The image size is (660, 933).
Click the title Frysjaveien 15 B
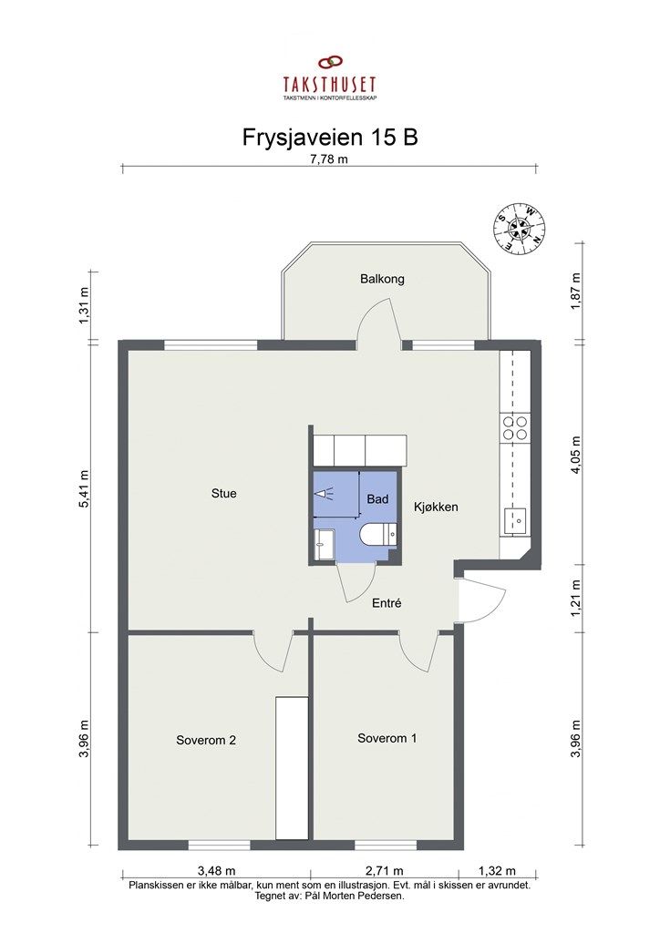pyautogui.click(x=330, y=138)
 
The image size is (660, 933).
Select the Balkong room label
pyautogui.click(x=382, y=279)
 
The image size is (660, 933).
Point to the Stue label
pyautogui.click(x=223, y=493)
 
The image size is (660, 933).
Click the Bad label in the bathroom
pyautogui.click(x=377, y=499)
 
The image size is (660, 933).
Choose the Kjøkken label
pyautogui.click(x=437, y=507)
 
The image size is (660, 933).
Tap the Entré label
pyautogui.click(x=387, y=603)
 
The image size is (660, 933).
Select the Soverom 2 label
pyautogui.click(x=206, y=740)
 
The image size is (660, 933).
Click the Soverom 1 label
pyautogui.click(x=387, y=738)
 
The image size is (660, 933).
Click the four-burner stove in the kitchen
pyautogui.click(x=515, y=427)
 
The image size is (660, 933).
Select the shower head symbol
pyautogui.click(x=322, y=494)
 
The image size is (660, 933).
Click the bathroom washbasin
pyautogui.click(x=325, y=545)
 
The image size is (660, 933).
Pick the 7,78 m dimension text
pyautogui.click(x=329, y=159)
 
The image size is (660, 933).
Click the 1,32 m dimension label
pyautogui.click(x=497, y=872)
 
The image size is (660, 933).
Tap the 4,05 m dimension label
pyautogui.click(x=575, y=456)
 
